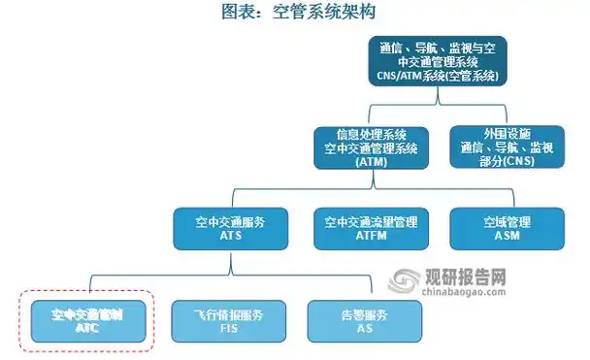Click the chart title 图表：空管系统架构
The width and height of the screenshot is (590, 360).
tap(295, 12)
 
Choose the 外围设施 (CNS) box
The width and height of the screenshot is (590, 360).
tap(507, 147)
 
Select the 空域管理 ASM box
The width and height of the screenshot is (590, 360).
tap(507, 229)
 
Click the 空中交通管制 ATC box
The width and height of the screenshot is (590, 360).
tap(86, 320)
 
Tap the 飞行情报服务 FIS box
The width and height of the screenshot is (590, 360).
tap(229, 320)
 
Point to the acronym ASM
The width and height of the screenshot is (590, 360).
tap(507, 237)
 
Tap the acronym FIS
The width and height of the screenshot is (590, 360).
tap(229, 328)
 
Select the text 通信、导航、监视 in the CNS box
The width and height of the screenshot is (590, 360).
tap(507, 147)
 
